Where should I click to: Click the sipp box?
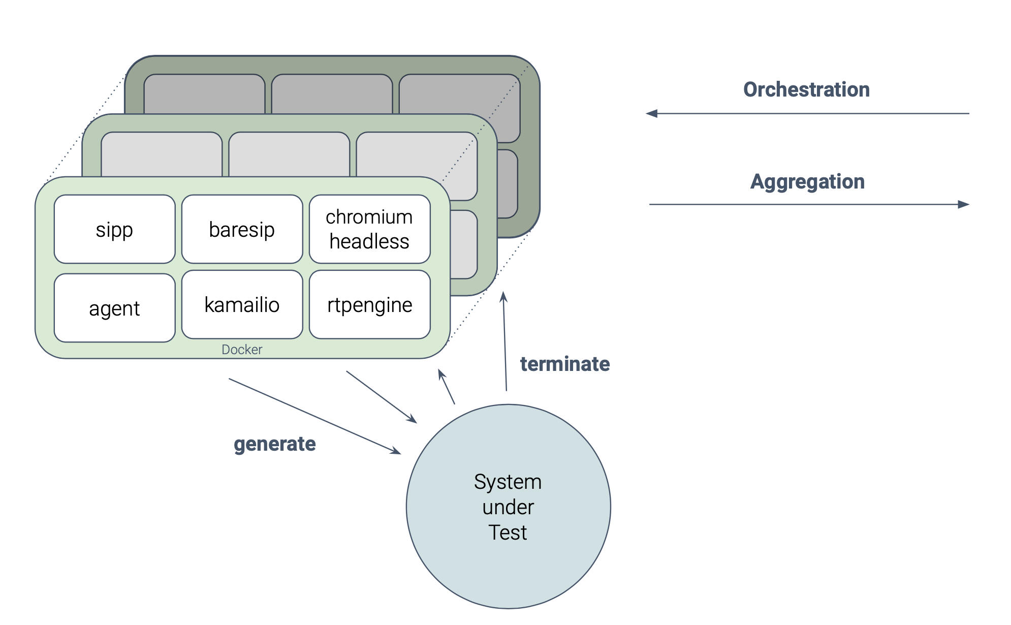[x=114, y=229]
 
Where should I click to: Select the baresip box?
[x=242, y=229]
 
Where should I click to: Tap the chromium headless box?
[x=369, y=229]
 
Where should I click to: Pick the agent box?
[x=114, y=308]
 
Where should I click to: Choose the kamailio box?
[x=242, y=304]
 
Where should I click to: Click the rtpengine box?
[x=369, y=304]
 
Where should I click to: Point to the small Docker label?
[x=242, y=350]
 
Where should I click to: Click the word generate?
[x=274, y=444]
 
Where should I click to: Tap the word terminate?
[x=564, y=364]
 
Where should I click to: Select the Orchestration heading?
[x=806, y=89]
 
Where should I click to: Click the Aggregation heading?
[x=807, y=181]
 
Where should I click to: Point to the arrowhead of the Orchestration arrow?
[x=652, y=113]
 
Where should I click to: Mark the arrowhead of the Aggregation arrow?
[x=963, y=204]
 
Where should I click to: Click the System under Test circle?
[x=508, y=507]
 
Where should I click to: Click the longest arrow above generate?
[x=314, y=416]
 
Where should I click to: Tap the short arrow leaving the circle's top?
[x=447, y=387]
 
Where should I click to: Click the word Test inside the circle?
[x=508, y=533]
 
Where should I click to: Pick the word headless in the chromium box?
[x=369, y=241]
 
